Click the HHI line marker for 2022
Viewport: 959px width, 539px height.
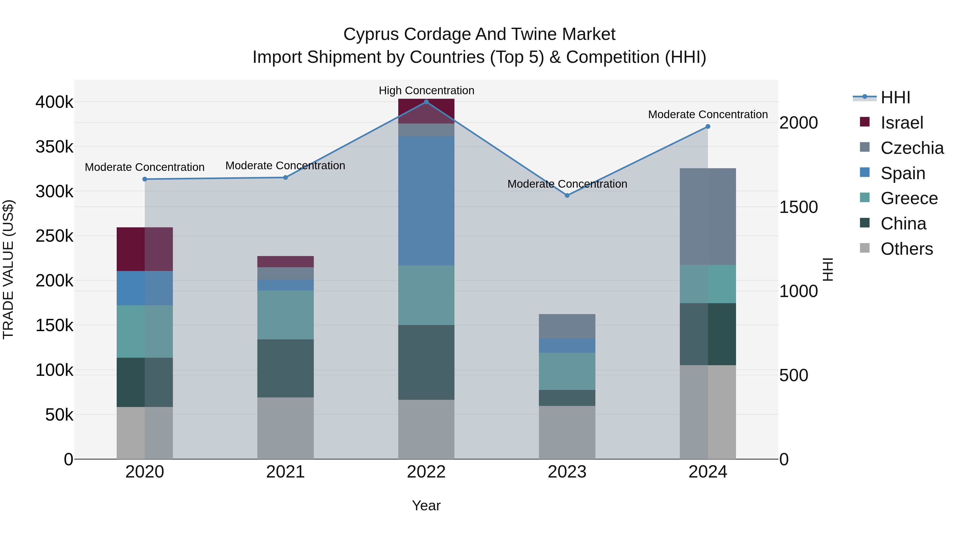tap(426, 102)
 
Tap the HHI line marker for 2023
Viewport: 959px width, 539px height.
tap(567, 195)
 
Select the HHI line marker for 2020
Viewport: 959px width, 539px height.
tap(145, 179)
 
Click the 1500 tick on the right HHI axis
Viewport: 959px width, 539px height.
tap(799, 207)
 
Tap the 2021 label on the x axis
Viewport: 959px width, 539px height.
tap(286, 472)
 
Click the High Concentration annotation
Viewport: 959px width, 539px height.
tap(426, 90)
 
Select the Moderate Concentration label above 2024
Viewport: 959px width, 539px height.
tap(708, 114)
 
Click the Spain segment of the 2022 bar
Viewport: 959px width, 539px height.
tap(426, 201)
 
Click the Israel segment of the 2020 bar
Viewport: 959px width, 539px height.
tap(145, 249)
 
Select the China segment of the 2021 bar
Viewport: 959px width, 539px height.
tap(286, 368)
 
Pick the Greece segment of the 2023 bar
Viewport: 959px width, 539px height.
tap(567, 371)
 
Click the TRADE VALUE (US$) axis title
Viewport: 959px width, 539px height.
tap(8, 269)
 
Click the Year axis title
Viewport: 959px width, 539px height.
tap(426, 505)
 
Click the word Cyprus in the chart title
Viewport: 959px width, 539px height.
tap(371, 34)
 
